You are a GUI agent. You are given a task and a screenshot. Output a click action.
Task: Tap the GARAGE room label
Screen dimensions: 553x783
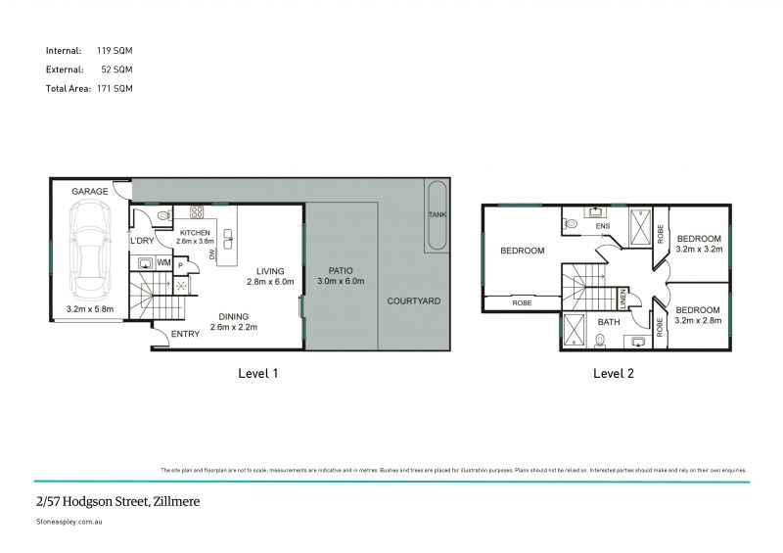pyautogui.click(x=89, y=192)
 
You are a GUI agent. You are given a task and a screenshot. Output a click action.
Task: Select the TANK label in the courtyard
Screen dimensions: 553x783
pyautogui.click(x=437, y=213)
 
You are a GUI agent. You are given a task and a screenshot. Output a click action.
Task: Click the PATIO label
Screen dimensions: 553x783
pyautogui.click(x=341, y=270)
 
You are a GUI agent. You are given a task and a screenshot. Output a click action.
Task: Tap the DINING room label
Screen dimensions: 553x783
pyautogui.click(x=233, y=316)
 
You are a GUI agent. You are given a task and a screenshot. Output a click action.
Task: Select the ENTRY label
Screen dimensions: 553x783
pyautogui.click(x=185, y=334)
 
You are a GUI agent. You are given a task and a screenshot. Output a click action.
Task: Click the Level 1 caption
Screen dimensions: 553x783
pyautogui.click(x=258, y=373)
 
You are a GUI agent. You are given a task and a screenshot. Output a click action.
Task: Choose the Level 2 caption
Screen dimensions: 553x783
pyautogui.click(x=614, y=373)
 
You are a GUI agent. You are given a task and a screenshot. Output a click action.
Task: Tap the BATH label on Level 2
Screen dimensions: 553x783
pyautogui.click(x=609, y=321)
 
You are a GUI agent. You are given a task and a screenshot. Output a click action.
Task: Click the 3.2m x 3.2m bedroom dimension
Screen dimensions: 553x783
pyautogui.click(x=699, y=249)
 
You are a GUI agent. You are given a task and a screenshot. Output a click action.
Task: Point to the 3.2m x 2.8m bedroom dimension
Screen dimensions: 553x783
pyautogui.click(x=699, y=319)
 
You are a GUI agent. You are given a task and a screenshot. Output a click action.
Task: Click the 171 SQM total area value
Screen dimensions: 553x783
pyautogui.click(x=114, y=88)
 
